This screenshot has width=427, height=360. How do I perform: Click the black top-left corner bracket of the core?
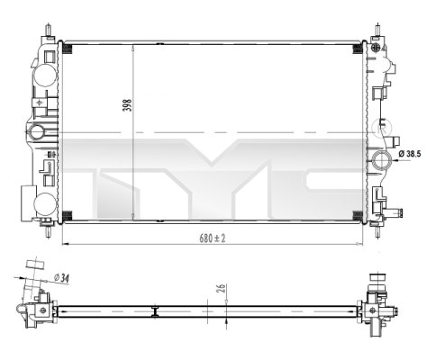[70, 46]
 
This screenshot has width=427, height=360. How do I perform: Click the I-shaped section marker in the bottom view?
[157, 311]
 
